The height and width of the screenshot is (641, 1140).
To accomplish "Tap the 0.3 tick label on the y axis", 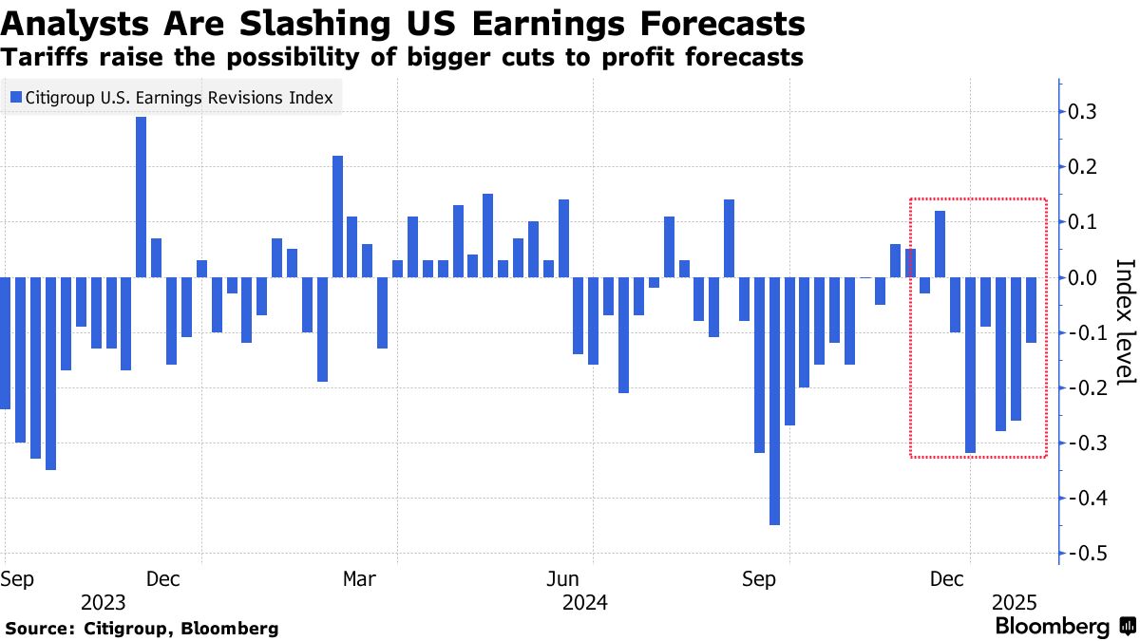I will pos(1083,112).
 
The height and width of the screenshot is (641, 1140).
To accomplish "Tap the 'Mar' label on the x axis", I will pos(359,578).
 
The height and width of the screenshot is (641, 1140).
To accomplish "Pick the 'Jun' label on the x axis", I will pos(564,578).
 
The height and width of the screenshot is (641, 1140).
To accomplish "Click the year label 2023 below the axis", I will pos(104,602).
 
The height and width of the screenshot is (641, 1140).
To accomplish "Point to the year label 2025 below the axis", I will pos(1015,602).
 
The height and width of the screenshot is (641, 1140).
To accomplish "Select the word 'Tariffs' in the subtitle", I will pos(39,58).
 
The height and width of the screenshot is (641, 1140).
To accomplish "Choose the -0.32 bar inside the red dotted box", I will pos(970,365).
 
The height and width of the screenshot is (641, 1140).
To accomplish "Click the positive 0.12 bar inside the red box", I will pos(940,244).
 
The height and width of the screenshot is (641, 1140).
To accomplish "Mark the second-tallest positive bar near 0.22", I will pos(337,217).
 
